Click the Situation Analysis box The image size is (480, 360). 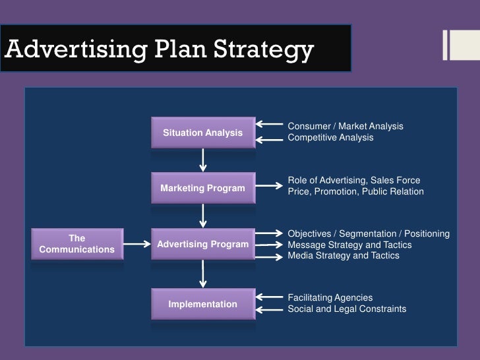click(203, 133)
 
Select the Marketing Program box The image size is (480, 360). click(203, 189)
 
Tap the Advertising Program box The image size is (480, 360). click(203, 245)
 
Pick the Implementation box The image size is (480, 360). click(203, 304)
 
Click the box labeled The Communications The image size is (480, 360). click(77, 244)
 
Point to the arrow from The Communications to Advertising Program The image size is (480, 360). click(137, 245)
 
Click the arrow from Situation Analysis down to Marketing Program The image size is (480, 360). click(203, 159)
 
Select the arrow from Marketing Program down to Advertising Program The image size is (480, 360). click(203, 215)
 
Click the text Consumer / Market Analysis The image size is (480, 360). click(345, 126)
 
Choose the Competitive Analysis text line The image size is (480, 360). click(330, 138)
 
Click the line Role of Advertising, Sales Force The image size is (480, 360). click(353, 180)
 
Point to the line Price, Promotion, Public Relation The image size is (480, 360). click(355, 192)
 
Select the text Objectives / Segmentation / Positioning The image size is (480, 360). click(369, 234)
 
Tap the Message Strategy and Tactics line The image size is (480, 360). click(349, 245)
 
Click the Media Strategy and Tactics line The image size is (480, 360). click(343, 256)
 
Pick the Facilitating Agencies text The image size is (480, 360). click(330, 298)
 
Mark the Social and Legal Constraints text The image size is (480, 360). click(347, 309)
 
